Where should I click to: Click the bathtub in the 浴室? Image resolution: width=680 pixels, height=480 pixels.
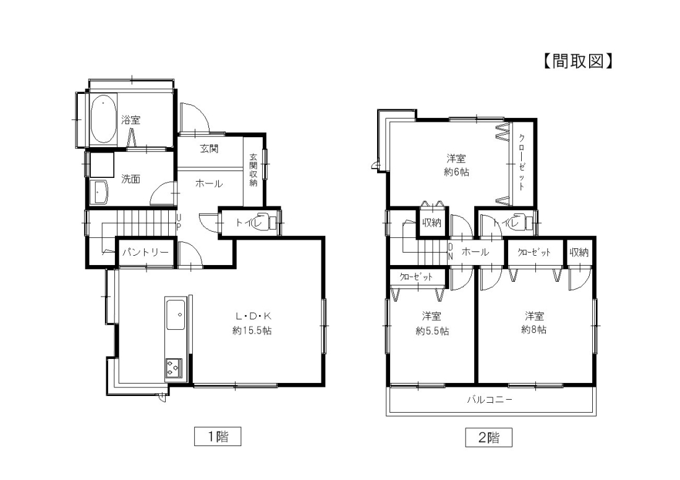[x=103, y=120]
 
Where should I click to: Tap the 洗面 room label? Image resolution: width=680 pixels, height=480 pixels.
[x=130, y=179]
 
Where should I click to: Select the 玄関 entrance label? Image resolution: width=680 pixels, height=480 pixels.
[x=209, y=149]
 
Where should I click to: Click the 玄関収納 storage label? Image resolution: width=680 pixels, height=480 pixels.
[x=253, y=170]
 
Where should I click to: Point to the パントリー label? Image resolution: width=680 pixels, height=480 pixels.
[x=145, y=252]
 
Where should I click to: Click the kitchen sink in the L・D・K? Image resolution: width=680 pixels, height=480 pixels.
[x=176, y=314]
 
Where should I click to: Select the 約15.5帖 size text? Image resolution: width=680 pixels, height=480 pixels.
[x=252, y=331]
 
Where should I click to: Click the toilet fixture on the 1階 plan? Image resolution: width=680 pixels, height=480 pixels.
[x=268, y=221]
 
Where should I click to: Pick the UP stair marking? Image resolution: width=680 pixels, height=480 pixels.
[x=179, y=222]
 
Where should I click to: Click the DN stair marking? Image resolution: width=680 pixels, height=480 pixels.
[x=450, y=251]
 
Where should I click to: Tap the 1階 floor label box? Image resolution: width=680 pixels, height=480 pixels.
[x=217, y=436]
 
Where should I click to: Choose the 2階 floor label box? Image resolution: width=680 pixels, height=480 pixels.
[x=489, y=437]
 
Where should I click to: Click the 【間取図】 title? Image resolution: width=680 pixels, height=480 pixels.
[x=577, y=61]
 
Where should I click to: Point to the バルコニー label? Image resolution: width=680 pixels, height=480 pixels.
[x=490, y=400]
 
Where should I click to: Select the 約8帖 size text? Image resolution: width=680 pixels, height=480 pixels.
[x=534, y=330]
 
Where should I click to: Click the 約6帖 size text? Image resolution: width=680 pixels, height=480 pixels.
[x=457, y=172]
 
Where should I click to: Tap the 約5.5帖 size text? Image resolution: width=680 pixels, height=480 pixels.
[x=432, y=331]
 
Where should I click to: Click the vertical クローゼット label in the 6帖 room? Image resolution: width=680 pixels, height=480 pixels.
[x=522, y=162]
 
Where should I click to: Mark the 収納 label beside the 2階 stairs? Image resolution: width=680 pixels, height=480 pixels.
[x=431, y=222]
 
